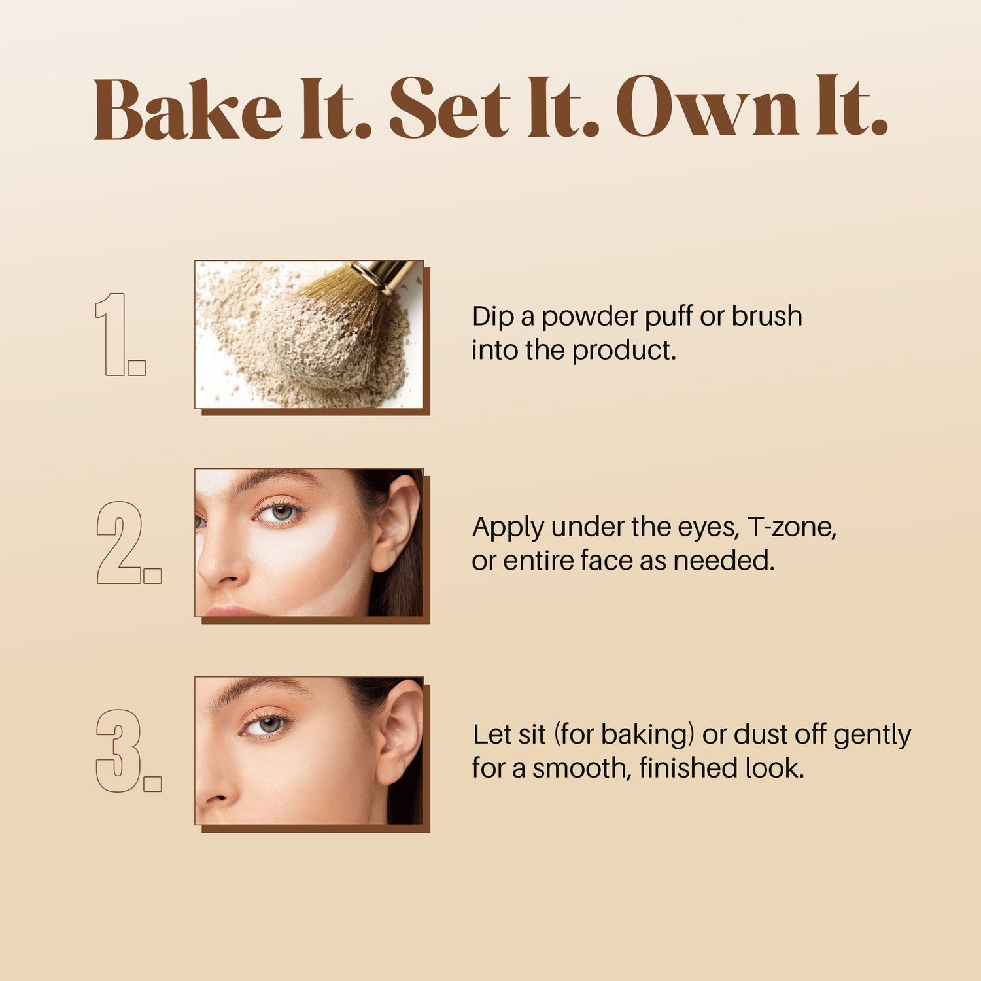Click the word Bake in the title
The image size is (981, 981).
(x=187, y=109)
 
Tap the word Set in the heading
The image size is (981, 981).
(x=449, y=109)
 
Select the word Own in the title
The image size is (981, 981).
(x=706, y=108)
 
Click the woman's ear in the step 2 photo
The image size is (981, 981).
(x=396, y=523)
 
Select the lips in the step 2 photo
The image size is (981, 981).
(x=229, y=611)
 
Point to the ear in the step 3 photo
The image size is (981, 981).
(x=399, y=732)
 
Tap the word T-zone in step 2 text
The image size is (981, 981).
(x=791, y=526)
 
